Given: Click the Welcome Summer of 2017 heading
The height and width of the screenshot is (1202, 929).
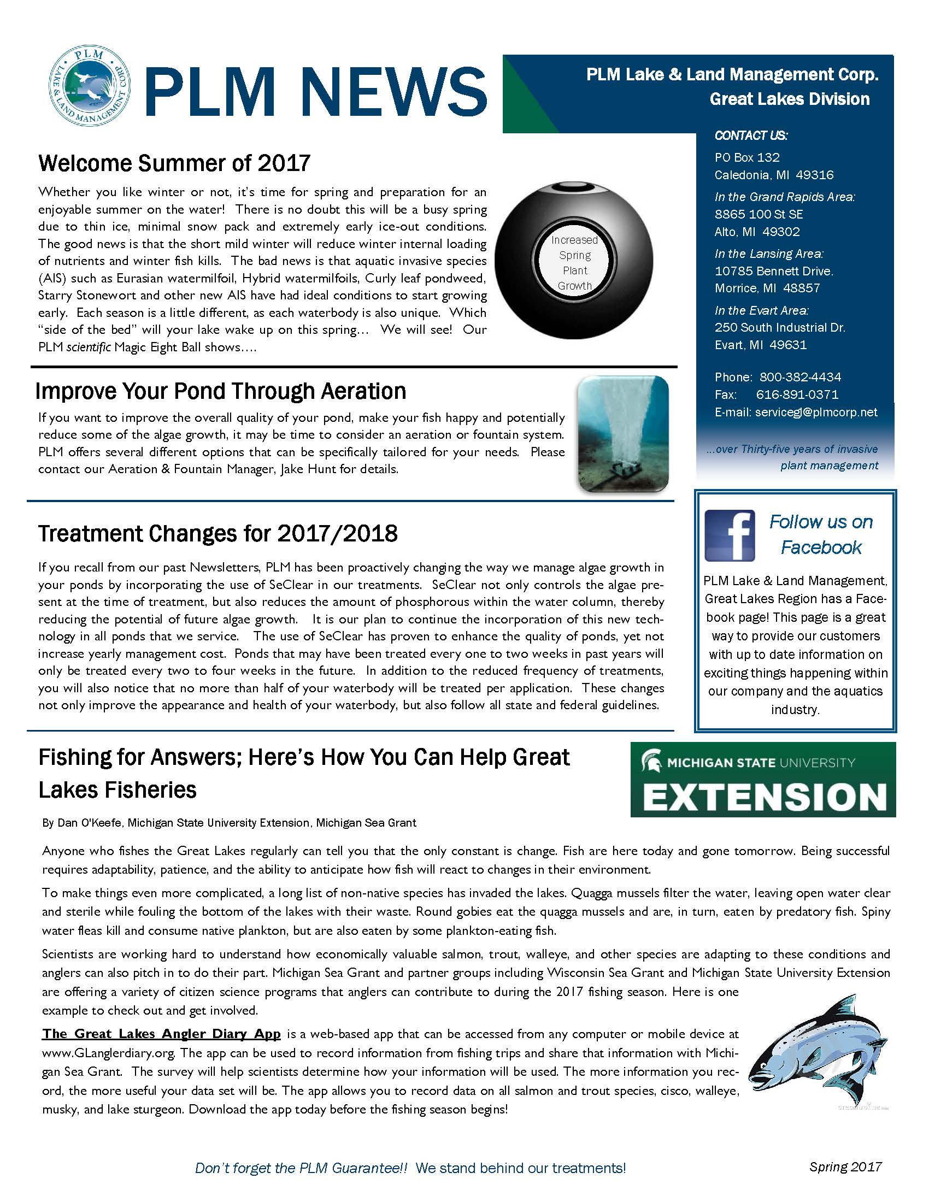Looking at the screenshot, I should point(174,163).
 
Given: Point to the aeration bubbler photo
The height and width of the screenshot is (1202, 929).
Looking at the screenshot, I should point(622,434).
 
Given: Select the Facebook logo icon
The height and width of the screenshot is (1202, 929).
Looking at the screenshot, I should point(730,535).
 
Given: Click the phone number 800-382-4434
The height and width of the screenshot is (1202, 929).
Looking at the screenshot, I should point(799,377).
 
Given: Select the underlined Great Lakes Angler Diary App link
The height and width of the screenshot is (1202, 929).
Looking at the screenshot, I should point(161,1034).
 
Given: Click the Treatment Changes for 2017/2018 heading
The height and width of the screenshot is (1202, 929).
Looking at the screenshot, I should point(218,534).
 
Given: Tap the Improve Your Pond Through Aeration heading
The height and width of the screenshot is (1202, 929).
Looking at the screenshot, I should point(221,391).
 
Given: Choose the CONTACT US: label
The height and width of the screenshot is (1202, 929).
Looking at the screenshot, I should point(751,135).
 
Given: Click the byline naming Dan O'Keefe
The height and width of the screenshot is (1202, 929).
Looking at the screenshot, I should point(229,823).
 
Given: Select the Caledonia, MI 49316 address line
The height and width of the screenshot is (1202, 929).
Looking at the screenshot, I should point(774,175).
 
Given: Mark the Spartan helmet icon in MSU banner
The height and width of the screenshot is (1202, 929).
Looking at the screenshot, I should point(651,762).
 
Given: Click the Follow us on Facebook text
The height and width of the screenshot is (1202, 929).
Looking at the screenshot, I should point(821,534).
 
